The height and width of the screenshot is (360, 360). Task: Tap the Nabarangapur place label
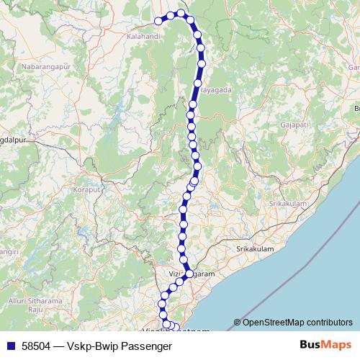(46, 66)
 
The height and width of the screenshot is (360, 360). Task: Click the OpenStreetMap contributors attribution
(297, 322)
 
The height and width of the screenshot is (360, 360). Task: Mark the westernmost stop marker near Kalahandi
(158, 21)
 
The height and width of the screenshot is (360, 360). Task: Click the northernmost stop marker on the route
(182, 13)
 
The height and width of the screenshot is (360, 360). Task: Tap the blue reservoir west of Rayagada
(115, 114)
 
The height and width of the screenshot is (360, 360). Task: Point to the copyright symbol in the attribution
(237, 323)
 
